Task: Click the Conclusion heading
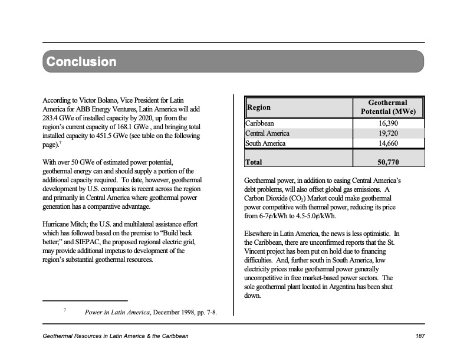click(81, 62)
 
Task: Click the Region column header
click(259, 107)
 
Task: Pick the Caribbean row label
click(259, 124)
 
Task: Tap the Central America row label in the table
click(267, 133)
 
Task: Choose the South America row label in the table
click(265, 143)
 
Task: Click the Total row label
click(254, 162)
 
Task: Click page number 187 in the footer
click(420, 336)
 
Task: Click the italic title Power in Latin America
click(117, 312)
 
